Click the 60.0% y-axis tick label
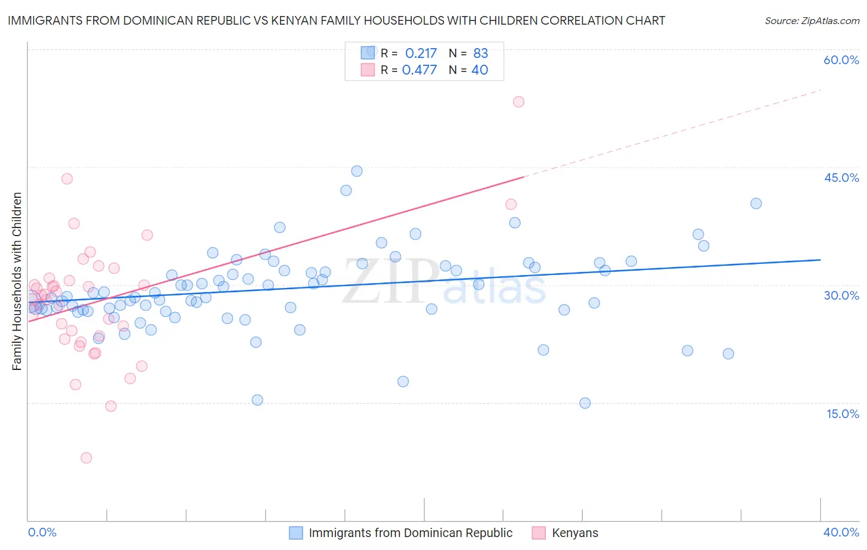841,60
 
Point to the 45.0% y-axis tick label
841,178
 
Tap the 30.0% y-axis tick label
841,295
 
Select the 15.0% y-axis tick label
842,413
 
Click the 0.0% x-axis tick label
42,532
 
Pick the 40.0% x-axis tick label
841,532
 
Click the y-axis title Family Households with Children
17,281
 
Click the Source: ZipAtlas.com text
812,20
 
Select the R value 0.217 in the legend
421,54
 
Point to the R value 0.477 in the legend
419,70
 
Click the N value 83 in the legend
480,54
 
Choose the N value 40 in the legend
479,70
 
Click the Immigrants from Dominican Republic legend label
410,533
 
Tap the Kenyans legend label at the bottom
575,533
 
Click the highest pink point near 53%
519,102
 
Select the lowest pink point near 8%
86,458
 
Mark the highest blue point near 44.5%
356,171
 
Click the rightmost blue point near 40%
756,203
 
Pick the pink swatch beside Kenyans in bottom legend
538,533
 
